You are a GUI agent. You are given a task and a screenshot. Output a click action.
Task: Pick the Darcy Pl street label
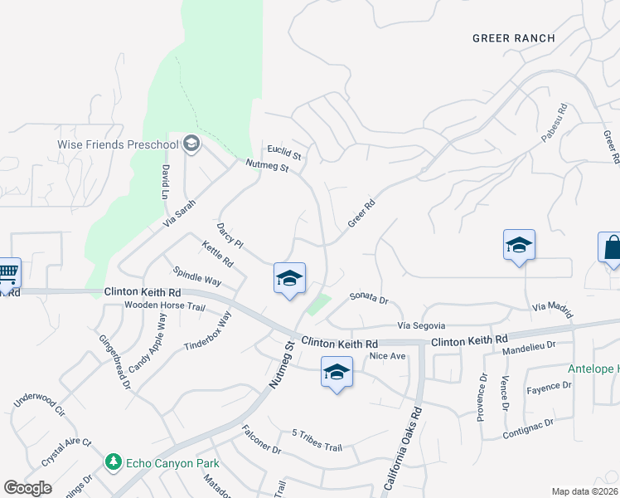click(x=230, y=235)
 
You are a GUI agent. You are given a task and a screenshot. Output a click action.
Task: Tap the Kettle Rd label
click(x=217, y=255)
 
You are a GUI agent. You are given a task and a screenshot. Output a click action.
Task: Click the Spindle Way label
click(x=197, y=276)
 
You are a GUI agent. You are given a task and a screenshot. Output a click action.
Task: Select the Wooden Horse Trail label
click(x=164, y=306)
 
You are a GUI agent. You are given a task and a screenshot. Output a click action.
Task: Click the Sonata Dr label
click(x=369, y=296)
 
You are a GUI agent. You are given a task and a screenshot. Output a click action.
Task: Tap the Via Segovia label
click(x=422, y=325)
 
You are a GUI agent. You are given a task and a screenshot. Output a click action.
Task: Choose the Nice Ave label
click(x=387, y=356)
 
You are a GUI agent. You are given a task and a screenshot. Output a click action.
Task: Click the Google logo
click(x=28, y=488)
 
